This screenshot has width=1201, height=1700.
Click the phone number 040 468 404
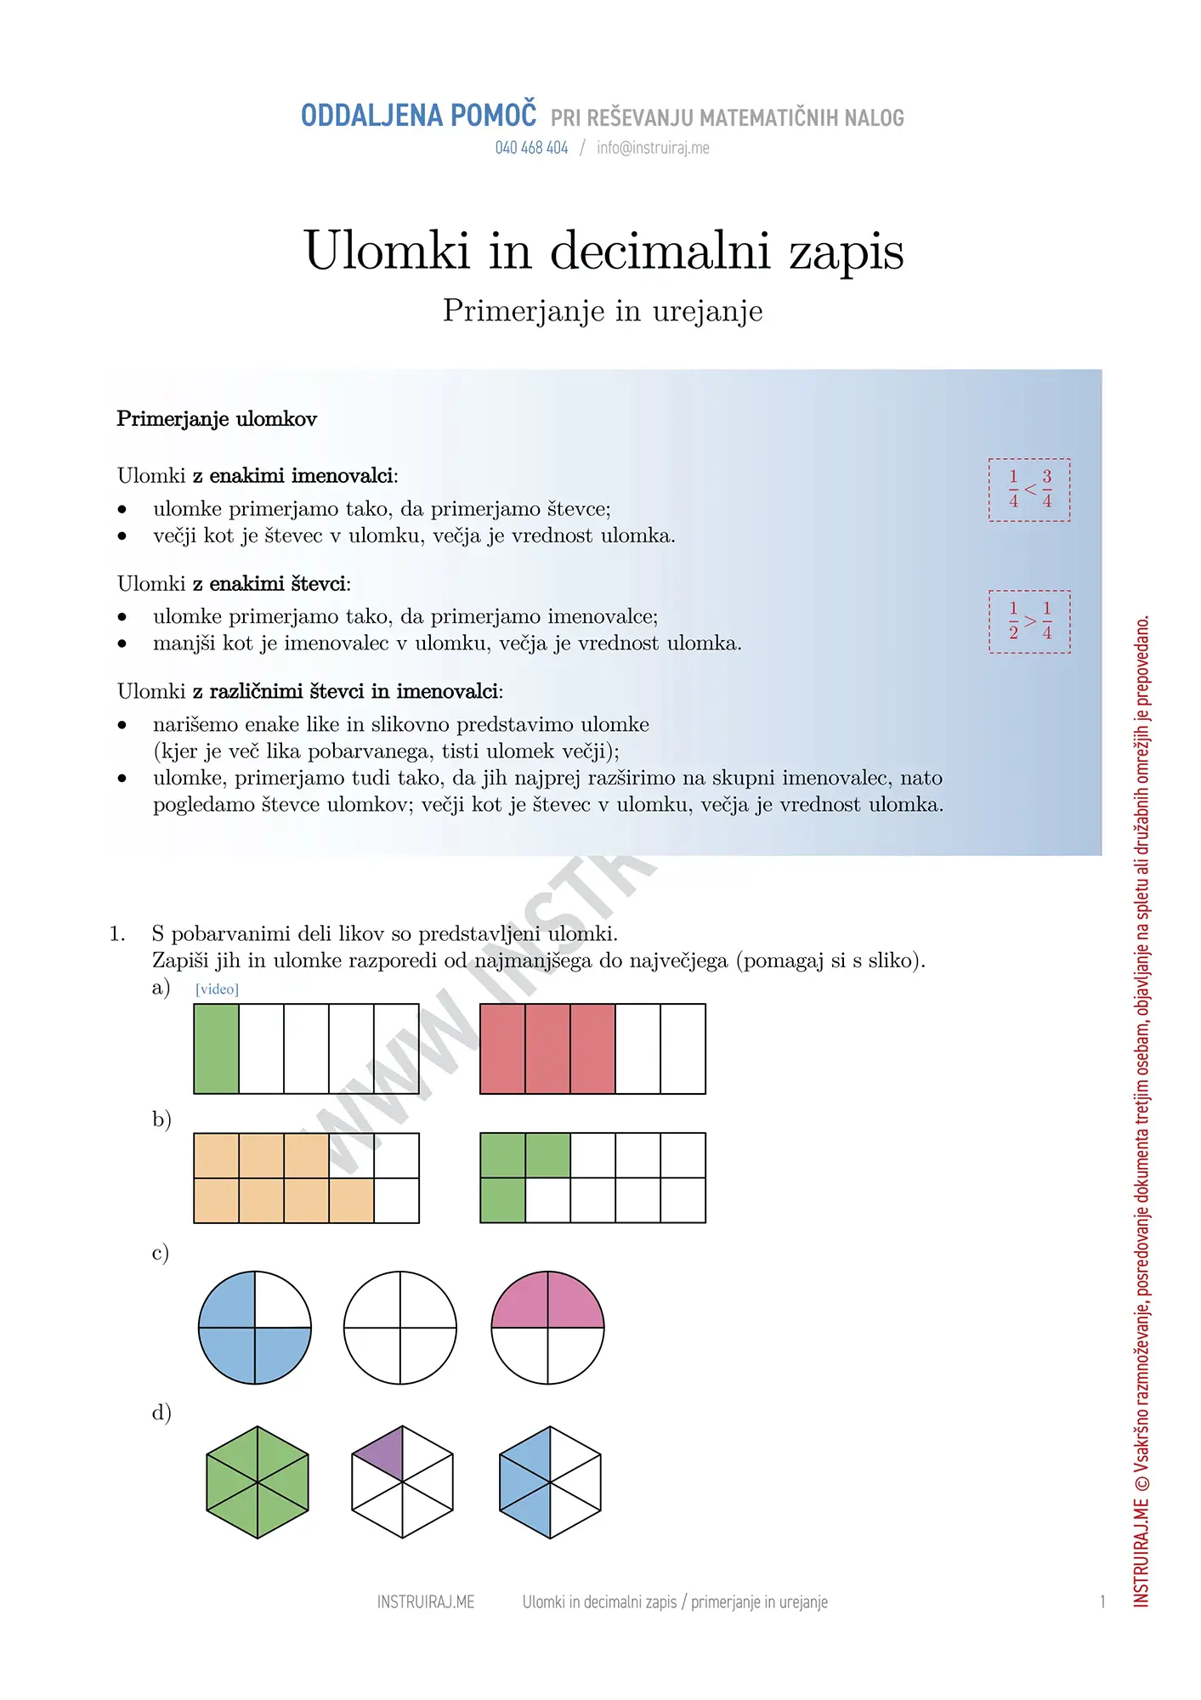tap(531, 148)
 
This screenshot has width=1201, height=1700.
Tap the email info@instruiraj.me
tap(653, 148)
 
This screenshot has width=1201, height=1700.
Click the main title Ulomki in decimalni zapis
tap(603, 251)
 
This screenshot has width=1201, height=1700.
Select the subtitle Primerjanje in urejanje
tap(603, 311)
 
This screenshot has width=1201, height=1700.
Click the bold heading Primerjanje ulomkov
tap(217, 419)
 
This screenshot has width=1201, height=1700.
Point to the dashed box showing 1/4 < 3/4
tap(1029, 490)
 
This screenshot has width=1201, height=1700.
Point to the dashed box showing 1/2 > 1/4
tap(1029, 621)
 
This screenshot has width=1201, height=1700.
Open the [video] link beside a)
tap(217, 989)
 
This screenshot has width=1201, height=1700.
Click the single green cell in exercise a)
tap(216, 1049)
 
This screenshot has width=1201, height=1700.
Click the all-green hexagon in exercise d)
tap(258, 1482)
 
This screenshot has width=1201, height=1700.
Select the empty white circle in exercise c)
tap(400, 1328)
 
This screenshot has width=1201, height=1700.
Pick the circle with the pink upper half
tap(547, 1328)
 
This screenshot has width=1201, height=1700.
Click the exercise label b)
tap(161, 1119)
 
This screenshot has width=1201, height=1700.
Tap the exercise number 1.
tap(117, 934)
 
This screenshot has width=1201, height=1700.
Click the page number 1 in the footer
tap(1102, 1602)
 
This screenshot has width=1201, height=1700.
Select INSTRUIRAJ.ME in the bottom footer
tap(426, 1602)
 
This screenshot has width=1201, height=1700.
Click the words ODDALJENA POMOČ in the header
tap(418, 116)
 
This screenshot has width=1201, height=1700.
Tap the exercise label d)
tap(161, 1413)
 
